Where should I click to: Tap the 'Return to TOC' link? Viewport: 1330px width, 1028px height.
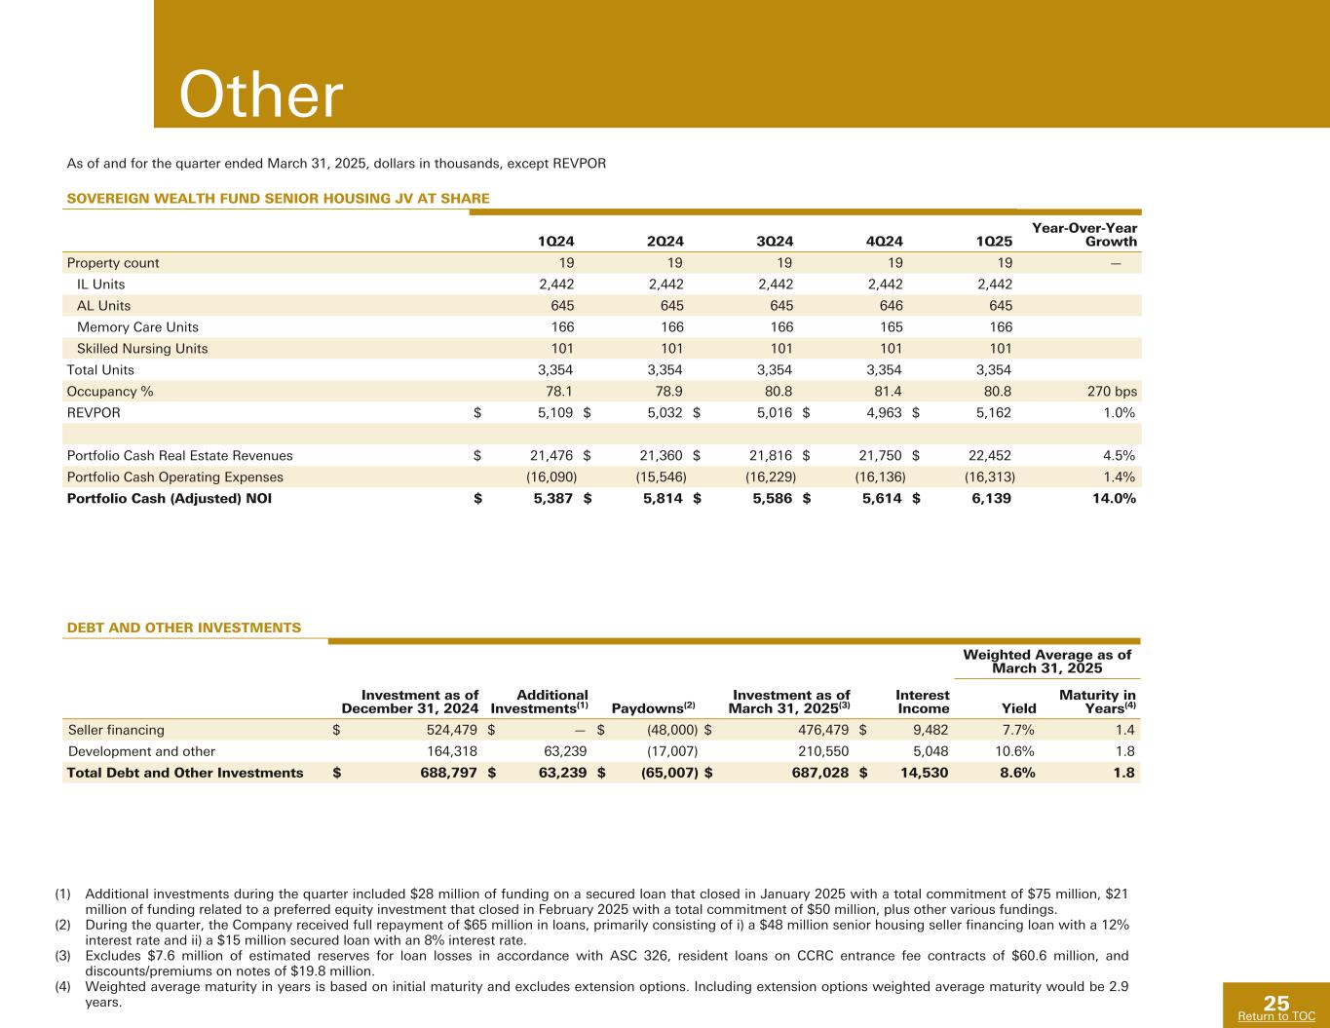(1275, 1016)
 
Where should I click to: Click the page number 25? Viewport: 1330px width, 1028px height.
(1276, 1003)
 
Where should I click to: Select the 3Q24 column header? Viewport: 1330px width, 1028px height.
(776, 242)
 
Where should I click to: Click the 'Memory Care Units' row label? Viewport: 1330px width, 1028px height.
(137, 327)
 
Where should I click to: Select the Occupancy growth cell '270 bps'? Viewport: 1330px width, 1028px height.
(1113, 392)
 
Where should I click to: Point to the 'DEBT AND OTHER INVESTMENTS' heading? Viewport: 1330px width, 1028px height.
(184, 628)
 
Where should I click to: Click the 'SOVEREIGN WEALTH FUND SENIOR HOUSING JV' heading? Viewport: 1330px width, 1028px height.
(278, 199)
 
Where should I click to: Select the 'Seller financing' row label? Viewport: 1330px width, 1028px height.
(116, 730)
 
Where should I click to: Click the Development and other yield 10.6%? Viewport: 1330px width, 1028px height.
(1013, 751)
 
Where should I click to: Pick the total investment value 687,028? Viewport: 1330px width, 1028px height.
(817, 773)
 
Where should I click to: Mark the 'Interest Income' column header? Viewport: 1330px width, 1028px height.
(922, 702)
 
